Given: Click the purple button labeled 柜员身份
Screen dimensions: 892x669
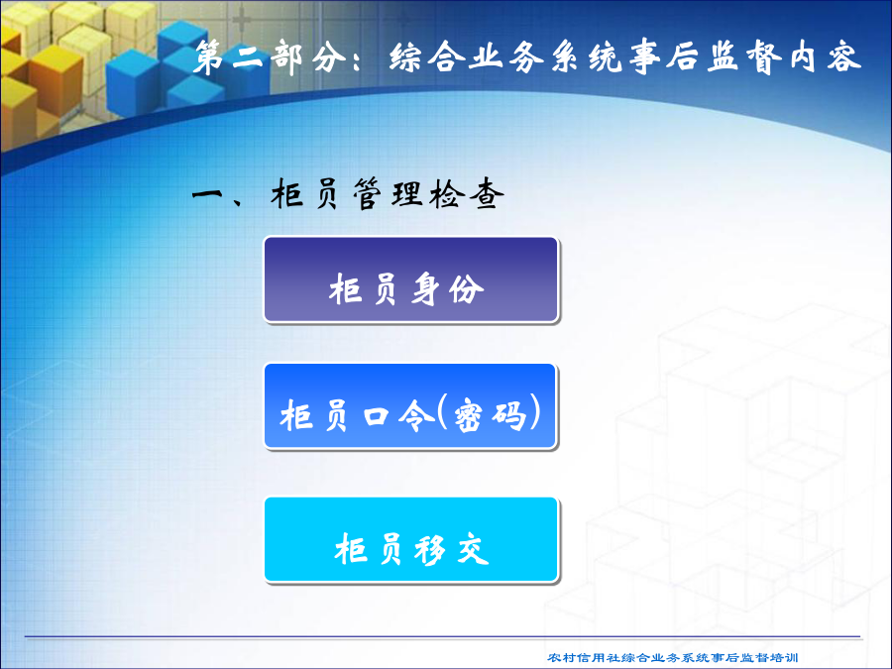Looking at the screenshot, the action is [x=411, y=279].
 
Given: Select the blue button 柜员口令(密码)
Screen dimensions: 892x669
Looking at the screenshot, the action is [x=410, y=406].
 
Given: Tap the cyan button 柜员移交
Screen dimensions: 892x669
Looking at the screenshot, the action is [x=411, y=540].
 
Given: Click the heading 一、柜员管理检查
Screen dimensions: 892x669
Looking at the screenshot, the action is [x=348, y=194].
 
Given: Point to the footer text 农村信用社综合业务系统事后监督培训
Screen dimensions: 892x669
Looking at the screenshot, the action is [x=672, y=658].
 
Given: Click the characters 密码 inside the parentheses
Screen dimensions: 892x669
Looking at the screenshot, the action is [x=491, y=414].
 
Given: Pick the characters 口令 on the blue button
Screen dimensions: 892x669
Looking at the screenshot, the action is [x=398, y=415].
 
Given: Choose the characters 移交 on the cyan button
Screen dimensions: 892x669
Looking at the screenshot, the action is [x=452, y=549].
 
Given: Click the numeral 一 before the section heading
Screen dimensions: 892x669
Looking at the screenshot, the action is [x=208, y=195].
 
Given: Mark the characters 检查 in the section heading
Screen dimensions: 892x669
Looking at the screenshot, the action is [x=468, y=194].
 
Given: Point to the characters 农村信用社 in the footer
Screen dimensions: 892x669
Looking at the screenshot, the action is [x=583, y=658].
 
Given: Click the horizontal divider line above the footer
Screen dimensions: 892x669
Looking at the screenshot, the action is [x=443, y=636].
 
